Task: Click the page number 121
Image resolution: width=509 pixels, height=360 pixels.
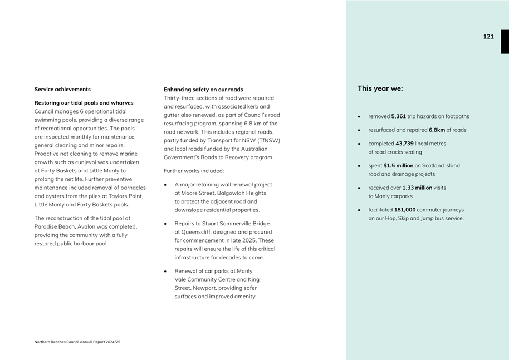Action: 488,37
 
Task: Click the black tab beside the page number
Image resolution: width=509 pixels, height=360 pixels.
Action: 505,42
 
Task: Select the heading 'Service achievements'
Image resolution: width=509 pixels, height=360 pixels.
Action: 62,90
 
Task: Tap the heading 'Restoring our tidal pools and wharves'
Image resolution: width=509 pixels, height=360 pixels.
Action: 84,103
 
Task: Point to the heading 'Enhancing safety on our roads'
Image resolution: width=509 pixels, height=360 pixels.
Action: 203,90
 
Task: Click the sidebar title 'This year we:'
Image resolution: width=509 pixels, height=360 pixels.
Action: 380,88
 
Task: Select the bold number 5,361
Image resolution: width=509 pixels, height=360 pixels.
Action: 398,117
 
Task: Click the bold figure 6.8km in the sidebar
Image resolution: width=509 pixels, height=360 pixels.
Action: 437,130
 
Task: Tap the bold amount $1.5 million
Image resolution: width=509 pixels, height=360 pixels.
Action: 398,166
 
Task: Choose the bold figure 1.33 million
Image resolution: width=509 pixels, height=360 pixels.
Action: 417,188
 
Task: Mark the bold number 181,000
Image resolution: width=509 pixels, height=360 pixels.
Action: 405,210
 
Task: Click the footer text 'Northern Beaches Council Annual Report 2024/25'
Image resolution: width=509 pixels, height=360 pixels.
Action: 77,342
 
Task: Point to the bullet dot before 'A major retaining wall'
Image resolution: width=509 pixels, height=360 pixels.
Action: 166,185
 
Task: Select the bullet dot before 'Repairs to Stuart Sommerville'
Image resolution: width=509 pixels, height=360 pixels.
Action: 166,224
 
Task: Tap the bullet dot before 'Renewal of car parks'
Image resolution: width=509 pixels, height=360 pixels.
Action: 166,272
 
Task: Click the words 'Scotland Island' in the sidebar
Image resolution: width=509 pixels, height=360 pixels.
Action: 441,166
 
